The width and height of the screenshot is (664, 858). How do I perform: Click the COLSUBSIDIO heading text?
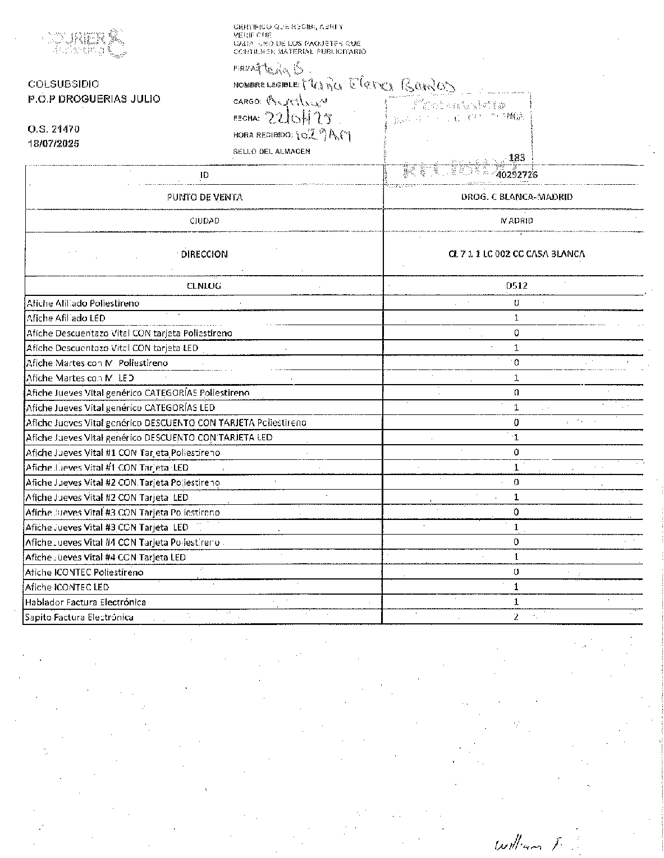pos(63,84)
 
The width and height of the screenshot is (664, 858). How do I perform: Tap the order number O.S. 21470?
pos(53,129)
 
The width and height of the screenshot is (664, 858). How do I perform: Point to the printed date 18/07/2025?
pos(53,143)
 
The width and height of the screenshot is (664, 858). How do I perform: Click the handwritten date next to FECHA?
pos(298,117)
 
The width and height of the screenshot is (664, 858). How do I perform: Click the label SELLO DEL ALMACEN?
pos(271,151)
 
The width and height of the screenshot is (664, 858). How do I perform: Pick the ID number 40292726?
pos(516,175)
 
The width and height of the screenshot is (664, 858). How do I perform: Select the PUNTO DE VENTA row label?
pos(204,197)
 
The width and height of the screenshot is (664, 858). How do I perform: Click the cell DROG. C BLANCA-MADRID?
pos(516,197)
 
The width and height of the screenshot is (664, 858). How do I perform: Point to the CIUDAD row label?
pos(204,221)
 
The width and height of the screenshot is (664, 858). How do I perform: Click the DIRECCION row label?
pos(204,254)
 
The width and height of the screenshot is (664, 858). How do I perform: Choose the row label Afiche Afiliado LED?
pos(66,318)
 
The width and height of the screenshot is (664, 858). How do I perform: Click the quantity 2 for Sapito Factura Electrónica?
pos(516,617)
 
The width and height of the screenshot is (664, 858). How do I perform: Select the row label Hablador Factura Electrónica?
pos(85,602)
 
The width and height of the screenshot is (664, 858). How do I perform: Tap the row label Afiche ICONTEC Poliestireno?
pos(84,572)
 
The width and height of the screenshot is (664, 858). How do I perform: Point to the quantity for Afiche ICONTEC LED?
pos(516,587)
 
